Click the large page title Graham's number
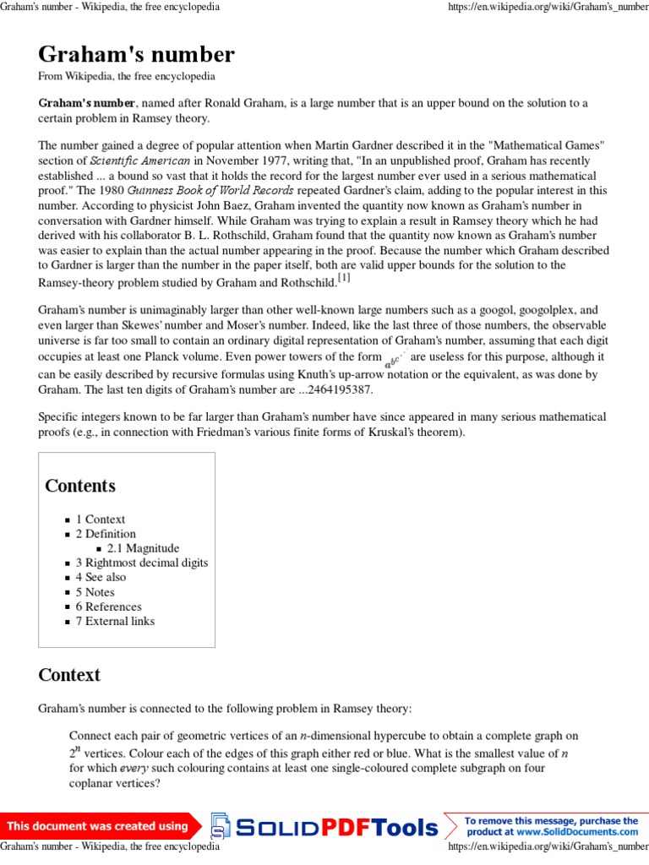tap(136, 55)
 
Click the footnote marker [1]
tap(344, 278)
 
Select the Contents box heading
tap(80, 486)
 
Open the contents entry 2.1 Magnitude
tap(143, 548)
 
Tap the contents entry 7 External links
tap(115, 621)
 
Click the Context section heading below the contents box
tap(69, 675)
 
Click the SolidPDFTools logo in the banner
tap(325, 827)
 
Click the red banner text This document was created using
tap(98, 826)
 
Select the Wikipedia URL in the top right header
tap(548, 7)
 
